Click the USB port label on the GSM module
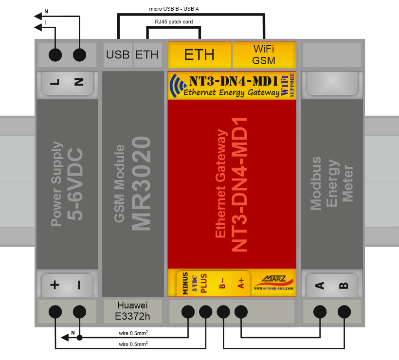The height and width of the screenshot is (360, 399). point(118,54)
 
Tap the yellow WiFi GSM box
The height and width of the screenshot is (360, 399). point(264,54)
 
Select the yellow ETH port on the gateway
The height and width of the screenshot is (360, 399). point(199,54)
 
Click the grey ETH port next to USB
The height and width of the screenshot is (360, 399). point(147,54)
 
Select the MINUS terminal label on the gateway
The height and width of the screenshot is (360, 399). point(185,284)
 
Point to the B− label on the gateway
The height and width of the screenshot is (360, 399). point(222,284)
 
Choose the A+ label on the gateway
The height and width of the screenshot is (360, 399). point(241,284)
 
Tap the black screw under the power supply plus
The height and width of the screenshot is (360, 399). point(55,312)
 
